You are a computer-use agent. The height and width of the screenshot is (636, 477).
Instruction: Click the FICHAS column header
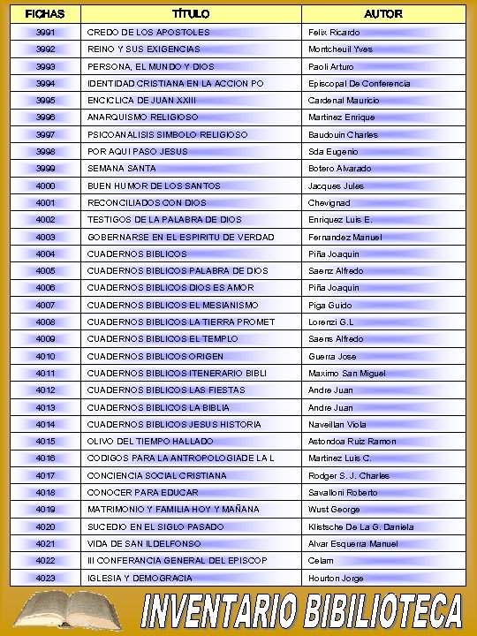[x=44, y=14]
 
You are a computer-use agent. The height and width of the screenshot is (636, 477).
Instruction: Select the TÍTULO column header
[x=191, y=14]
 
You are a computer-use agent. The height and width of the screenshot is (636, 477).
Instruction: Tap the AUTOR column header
[x=383, y=14]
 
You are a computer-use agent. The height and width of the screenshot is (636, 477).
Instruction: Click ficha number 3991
[x=46, y=32]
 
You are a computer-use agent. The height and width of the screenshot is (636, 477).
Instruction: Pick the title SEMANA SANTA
[x=122, y=169]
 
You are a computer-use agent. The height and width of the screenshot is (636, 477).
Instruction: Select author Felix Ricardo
[x=334, y=32]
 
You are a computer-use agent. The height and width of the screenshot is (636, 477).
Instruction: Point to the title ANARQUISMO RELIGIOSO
[x=142, y=117]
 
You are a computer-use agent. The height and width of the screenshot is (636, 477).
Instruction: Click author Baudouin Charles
[x=343, y=134]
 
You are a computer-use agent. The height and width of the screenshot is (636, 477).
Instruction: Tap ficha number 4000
[x=46, y=185]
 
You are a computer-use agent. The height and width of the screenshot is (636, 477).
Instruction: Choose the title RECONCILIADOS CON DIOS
[x=147, y=202]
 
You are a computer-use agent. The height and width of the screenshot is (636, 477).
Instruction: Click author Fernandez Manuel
[x=346, y=237]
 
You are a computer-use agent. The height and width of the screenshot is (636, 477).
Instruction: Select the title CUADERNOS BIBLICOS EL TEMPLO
[x=163, y=339]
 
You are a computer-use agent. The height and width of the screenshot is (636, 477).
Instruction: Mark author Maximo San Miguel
[x=347, y=374]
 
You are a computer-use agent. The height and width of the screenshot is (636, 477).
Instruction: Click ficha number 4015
[x=46, y=442]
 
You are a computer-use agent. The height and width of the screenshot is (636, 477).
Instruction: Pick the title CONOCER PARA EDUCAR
[x=142, y=493]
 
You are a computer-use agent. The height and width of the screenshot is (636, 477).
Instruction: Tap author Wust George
[x=334, y=510]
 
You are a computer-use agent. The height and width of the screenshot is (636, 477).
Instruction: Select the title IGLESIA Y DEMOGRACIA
[x=140, y=578]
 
